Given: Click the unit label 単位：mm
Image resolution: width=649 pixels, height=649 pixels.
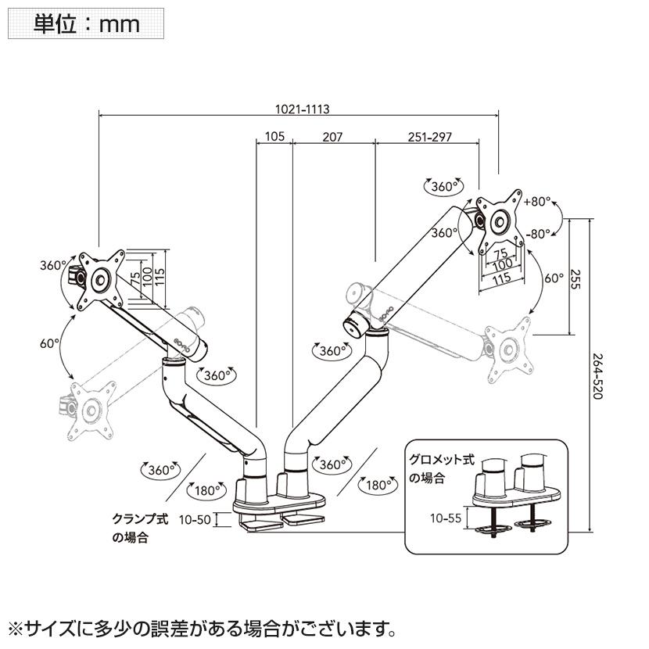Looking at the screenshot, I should (x=86, y=23).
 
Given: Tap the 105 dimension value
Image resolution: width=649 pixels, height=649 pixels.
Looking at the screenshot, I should (x=274, y=137).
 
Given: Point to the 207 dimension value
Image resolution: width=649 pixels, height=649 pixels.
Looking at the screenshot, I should (x=332, y=137).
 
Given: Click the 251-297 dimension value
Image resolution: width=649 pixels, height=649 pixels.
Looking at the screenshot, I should (x=430, y=137).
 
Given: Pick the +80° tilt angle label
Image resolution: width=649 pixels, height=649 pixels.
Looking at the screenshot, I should (x=539, y=200).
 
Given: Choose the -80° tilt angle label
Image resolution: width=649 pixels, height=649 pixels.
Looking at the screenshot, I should (x=539, y=233).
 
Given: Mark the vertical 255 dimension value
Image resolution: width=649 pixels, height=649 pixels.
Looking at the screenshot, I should (x=575, y=279).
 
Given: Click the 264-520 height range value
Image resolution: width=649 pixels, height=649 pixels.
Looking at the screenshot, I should (x=598, y=374).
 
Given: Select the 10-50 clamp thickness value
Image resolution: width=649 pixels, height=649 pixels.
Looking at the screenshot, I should (x=195, y=520).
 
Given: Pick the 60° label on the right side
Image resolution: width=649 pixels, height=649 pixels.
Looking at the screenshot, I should (x=554, y=278).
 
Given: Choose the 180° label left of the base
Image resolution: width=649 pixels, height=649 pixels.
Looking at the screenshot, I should (x=206, y=491).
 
